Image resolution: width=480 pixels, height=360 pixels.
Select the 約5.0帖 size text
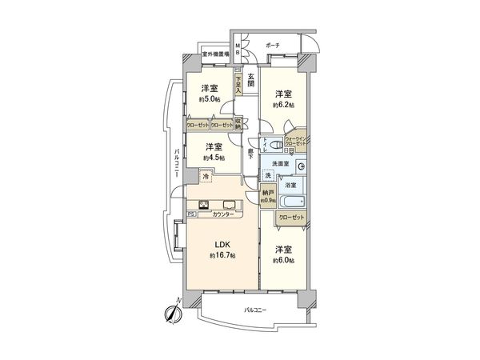[211, 100]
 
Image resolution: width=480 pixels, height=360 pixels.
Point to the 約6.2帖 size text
[282, 105]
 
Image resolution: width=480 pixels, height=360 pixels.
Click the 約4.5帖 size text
[212, 158]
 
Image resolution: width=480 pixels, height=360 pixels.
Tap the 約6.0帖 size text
[282, 261]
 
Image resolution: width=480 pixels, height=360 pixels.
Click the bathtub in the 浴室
[292, 201]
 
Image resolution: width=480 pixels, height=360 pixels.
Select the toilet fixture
[275, 145]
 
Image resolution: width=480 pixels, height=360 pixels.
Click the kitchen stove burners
[203, 203]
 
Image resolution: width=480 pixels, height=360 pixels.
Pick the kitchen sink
[228, 203]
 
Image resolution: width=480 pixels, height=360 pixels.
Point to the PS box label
[191, 214]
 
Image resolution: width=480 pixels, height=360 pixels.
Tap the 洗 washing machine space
[269, 175]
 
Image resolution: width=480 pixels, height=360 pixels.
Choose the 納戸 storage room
[268, 197]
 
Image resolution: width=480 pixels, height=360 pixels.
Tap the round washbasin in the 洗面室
[302, 166]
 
